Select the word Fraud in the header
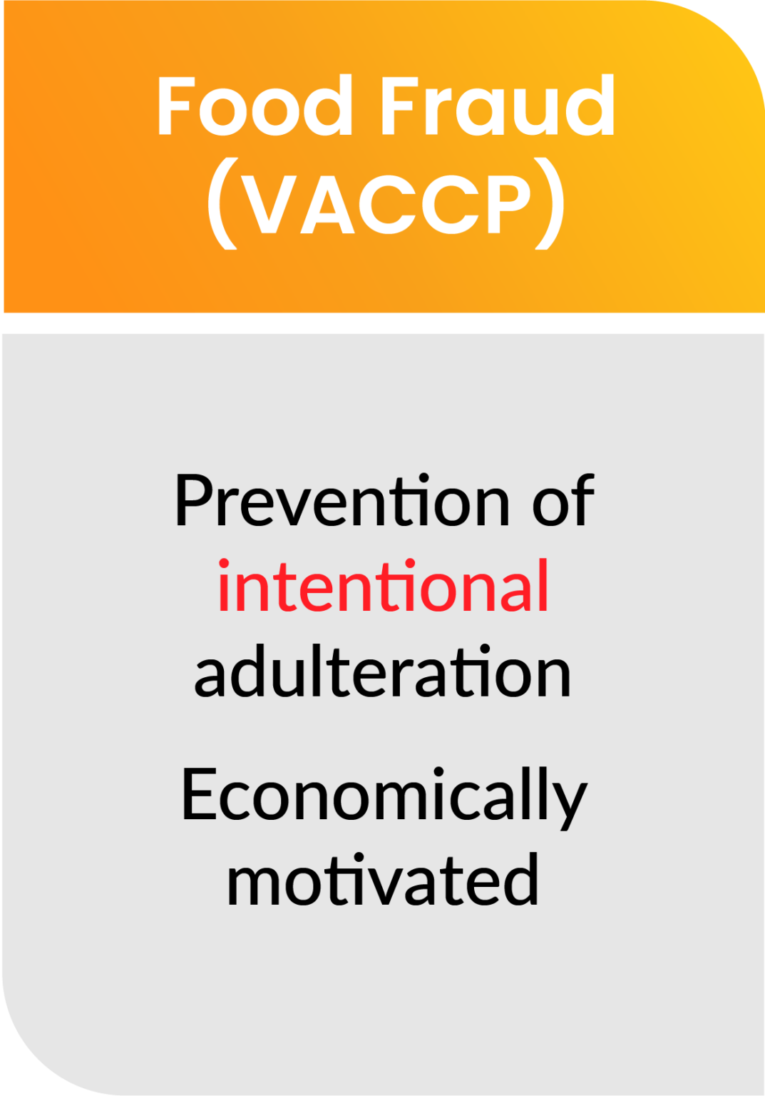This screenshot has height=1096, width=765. (x=497, y=106)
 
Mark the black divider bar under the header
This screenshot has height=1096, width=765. (x=382, y=323)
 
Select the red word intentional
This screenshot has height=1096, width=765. (x=383, y=586)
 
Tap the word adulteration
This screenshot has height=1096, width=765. (x=383, y=671)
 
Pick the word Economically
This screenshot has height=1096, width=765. (x=384, y=795)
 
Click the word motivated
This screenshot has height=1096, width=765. (x=383, y=880)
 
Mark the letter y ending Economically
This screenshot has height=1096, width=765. (x=571, y=803)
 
